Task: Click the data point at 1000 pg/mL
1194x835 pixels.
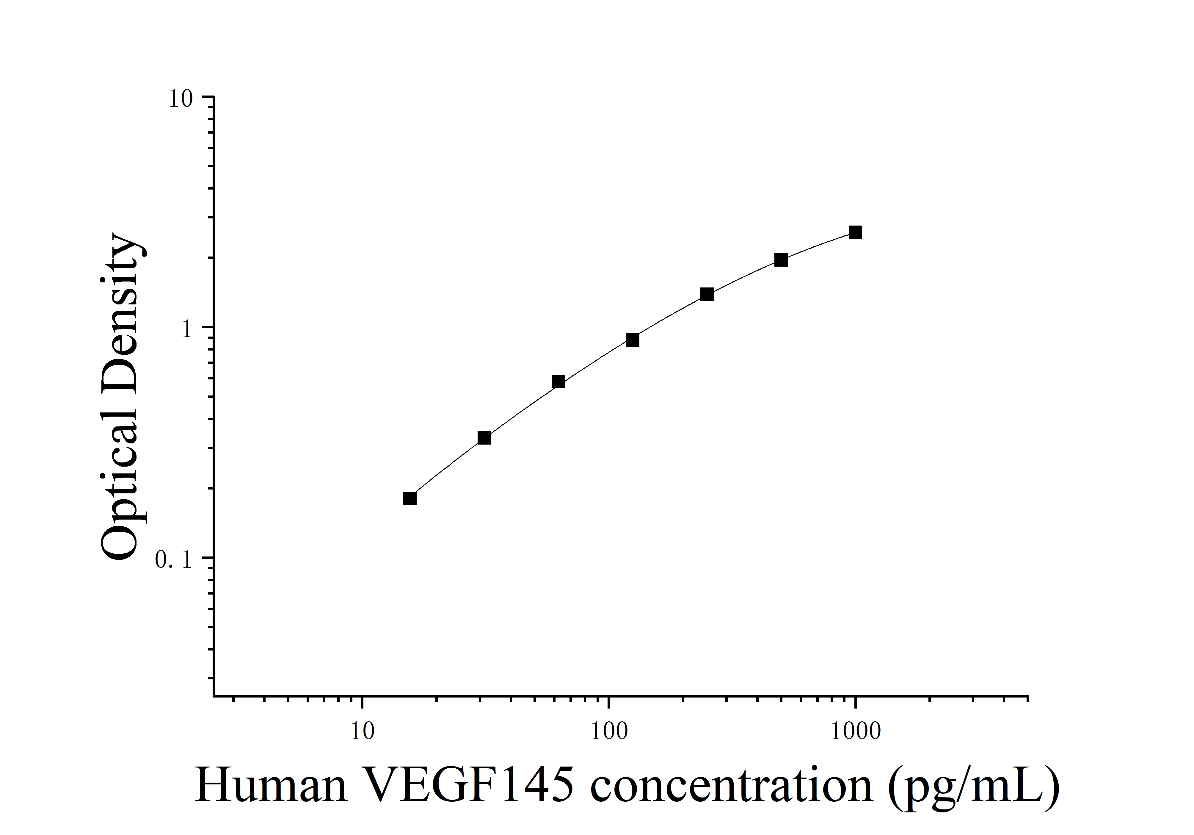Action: coord(855,232)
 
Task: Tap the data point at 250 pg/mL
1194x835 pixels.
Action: coord(706,295)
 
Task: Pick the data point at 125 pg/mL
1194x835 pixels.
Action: coord(632,340)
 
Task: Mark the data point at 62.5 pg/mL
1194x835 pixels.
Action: coord(558,382)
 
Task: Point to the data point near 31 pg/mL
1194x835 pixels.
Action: coord(484,438)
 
